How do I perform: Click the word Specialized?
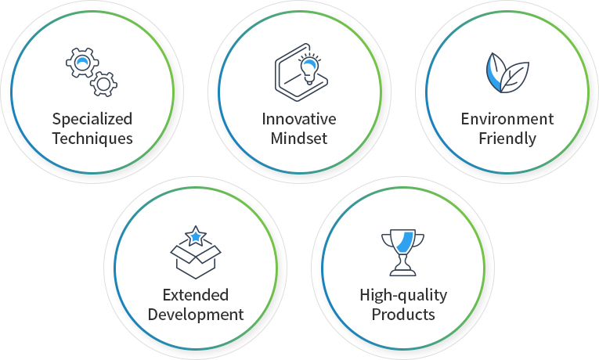pyautogui.click(x=92, y=120)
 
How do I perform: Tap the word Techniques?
pyautogui.click(x=92, y=139)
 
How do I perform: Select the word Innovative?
pyautogui.click(x=299, y=119)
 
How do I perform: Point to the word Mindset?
pyautogui.click(x=299, y=139)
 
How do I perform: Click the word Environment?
pyautogui.click(x=507, y=119)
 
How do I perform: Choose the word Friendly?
pyautogui.click(x=507, y=139)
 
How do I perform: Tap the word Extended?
pyautogui.click(x=196, y=295)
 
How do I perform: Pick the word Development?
pyautogui.click(x=196, y=315)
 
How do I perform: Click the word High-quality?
pyautogui.click(x=403, y=296)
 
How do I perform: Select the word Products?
pyautogui.click(x=403, y=315)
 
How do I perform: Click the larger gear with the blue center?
pyautogui.click(x=82, y=63)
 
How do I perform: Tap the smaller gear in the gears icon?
pyautogui.click(x=104, y=84)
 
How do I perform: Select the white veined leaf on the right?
pyautogui.click(x=514, y=77)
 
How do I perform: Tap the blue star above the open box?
pyautogui.click(x=196, y=236)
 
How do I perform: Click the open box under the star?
pyautogui.click(x=196, y=261)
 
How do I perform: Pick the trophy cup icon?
pyautogui.click(x=402, y=252)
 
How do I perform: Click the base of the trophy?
pyautogui.click(x=402, y=272)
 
